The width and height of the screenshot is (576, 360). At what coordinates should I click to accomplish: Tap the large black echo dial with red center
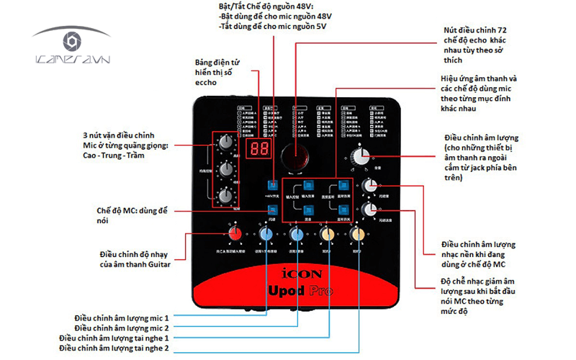tap(295, 153)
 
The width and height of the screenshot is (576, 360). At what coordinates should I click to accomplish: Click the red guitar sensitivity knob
tap(235, 235)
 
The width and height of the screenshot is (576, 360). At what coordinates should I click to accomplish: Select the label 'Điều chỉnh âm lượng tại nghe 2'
tap(114, 348)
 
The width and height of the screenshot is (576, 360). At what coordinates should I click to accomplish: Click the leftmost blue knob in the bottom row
tap(266, 235)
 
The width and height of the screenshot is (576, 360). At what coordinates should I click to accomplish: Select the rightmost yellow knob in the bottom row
tap(357, 235)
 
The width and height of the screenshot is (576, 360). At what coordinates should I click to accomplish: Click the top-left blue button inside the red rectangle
tap(307, 185)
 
